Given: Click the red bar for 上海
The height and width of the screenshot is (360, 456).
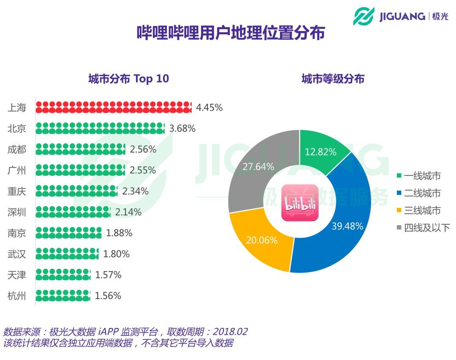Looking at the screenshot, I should (113, 107).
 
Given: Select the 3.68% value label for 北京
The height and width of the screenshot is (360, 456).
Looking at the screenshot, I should (182, 128).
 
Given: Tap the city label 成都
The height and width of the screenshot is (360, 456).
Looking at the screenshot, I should (17, 150).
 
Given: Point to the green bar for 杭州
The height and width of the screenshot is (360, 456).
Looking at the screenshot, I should (63, 295).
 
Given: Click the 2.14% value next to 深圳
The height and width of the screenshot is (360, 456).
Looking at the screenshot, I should (128, 212).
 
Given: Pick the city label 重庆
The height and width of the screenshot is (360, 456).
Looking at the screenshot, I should (17, 191).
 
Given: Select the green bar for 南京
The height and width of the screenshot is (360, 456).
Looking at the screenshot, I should (68, 233).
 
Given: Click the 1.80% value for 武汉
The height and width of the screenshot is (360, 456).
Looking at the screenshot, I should (117, 254).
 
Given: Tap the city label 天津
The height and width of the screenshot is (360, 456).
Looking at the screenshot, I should (17, 275).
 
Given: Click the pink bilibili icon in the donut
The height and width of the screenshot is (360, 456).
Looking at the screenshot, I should (300, 202).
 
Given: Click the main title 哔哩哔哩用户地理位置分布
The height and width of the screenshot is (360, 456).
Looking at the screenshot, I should (231, 33).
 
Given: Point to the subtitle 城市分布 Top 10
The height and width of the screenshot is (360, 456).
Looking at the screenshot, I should (128, 79).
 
